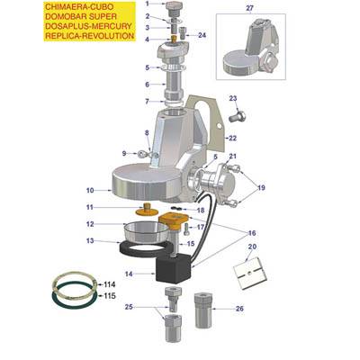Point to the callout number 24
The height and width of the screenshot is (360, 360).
coord(202,35)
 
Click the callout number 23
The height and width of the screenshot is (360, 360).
coord(232,98)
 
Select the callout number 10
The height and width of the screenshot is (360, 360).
coord(89,191)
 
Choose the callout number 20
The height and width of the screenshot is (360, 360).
coord(252,246)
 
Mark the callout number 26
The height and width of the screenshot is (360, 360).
coord(238,308)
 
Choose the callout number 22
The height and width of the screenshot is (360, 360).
coord(232,138)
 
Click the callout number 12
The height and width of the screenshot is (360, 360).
coord(89,224)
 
